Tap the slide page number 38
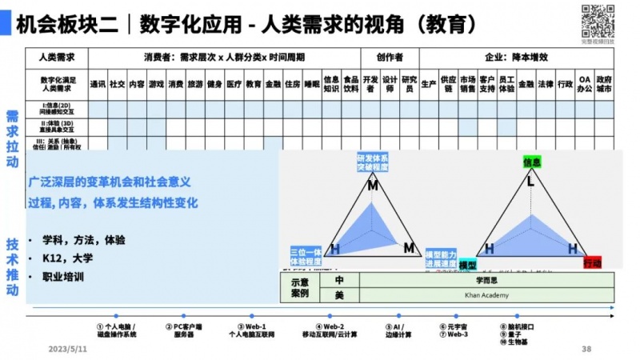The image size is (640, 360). [586, 350]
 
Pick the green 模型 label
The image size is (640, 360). [467, 265]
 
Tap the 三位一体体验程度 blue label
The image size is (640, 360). [306, 256]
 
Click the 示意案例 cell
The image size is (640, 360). [299, 287]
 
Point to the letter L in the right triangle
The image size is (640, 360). [530, 182]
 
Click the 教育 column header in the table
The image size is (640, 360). [254, 84]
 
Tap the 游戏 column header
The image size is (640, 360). [156, 84]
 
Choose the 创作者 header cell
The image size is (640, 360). [390, 58]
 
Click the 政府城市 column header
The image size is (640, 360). [605, 84]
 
